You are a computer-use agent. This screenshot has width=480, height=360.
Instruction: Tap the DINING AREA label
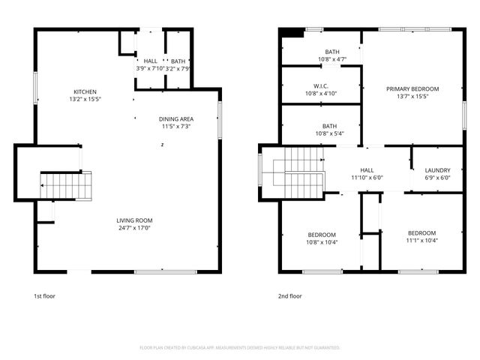pyautogui.click(x=175, y=119)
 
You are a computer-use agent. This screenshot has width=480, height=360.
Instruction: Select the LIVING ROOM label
pyautogui.click(x=134, y=220)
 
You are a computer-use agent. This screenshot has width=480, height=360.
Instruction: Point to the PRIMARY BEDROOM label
pyautogui.click(x=412, y=89)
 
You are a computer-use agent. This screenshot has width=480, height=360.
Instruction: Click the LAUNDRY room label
pyautogui.click(x=437, y=170)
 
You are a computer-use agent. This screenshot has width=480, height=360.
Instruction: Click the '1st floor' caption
pyautogui.click(x=44, y=295)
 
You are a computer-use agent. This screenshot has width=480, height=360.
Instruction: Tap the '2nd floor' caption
pyautogui.click(x=290, y=295)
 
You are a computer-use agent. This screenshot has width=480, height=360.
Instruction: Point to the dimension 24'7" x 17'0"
pyautogui.click(x=134, y=228)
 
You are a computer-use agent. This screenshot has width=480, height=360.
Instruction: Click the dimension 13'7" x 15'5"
pyautogui.click(x=412, y=97)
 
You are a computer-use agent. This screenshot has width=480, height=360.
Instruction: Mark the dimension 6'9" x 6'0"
pyautogui.click(x=437, y=178)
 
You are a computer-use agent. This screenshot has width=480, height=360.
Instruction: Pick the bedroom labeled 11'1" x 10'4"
pyautogui.click(x=422, y=238)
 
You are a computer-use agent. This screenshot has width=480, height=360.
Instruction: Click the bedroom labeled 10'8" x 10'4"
pyautogui.click(x=321, y=238)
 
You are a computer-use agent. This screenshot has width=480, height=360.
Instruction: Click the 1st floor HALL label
pyautogui.click(x=151, y=61)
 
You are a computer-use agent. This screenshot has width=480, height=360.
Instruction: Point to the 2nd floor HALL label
pyautogui.click(x=367, y=170)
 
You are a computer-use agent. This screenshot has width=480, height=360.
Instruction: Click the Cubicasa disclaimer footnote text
pyautogui.click(x=240, y=347)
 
